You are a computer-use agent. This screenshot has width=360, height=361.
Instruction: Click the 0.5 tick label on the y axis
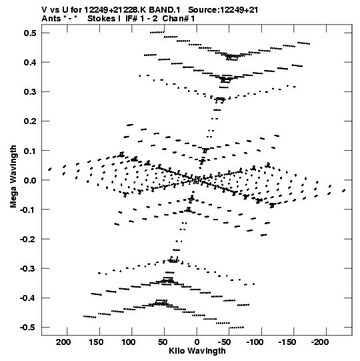coord(30,33)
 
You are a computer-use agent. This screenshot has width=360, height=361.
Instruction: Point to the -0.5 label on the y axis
coord(28,327)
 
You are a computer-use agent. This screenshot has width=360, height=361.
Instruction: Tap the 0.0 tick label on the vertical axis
coord(30,180)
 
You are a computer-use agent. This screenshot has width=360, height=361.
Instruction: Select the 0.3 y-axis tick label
coord(30,91)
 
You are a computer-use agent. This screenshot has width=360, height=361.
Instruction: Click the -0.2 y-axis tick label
coord(28,239)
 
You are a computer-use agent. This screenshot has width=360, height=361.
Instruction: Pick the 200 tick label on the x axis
coord(63,342)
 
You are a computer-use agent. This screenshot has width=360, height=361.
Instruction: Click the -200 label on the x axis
coord(320,342)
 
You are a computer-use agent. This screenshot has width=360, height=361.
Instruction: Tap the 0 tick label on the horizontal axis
coord(197,342)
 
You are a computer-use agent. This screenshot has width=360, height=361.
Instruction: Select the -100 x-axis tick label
coord(255,342)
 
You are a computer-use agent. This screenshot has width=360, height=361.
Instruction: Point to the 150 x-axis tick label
coord(96,342)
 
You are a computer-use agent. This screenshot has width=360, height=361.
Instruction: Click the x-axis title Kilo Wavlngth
coord(197,351)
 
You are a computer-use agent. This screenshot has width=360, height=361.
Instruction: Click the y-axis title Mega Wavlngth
coord(13,177)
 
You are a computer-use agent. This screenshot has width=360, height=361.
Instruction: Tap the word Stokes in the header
coord(102,19)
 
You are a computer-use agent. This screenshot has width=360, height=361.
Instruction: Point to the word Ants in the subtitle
coord(51,19)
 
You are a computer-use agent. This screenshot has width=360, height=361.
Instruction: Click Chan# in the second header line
coord(175,19)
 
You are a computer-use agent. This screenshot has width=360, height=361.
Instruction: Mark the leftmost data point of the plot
coord(50,169)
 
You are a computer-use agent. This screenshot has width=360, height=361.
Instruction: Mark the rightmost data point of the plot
coord(344,191)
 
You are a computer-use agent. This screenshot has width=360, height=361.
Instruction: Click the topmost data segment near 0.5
coord(157,33)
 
